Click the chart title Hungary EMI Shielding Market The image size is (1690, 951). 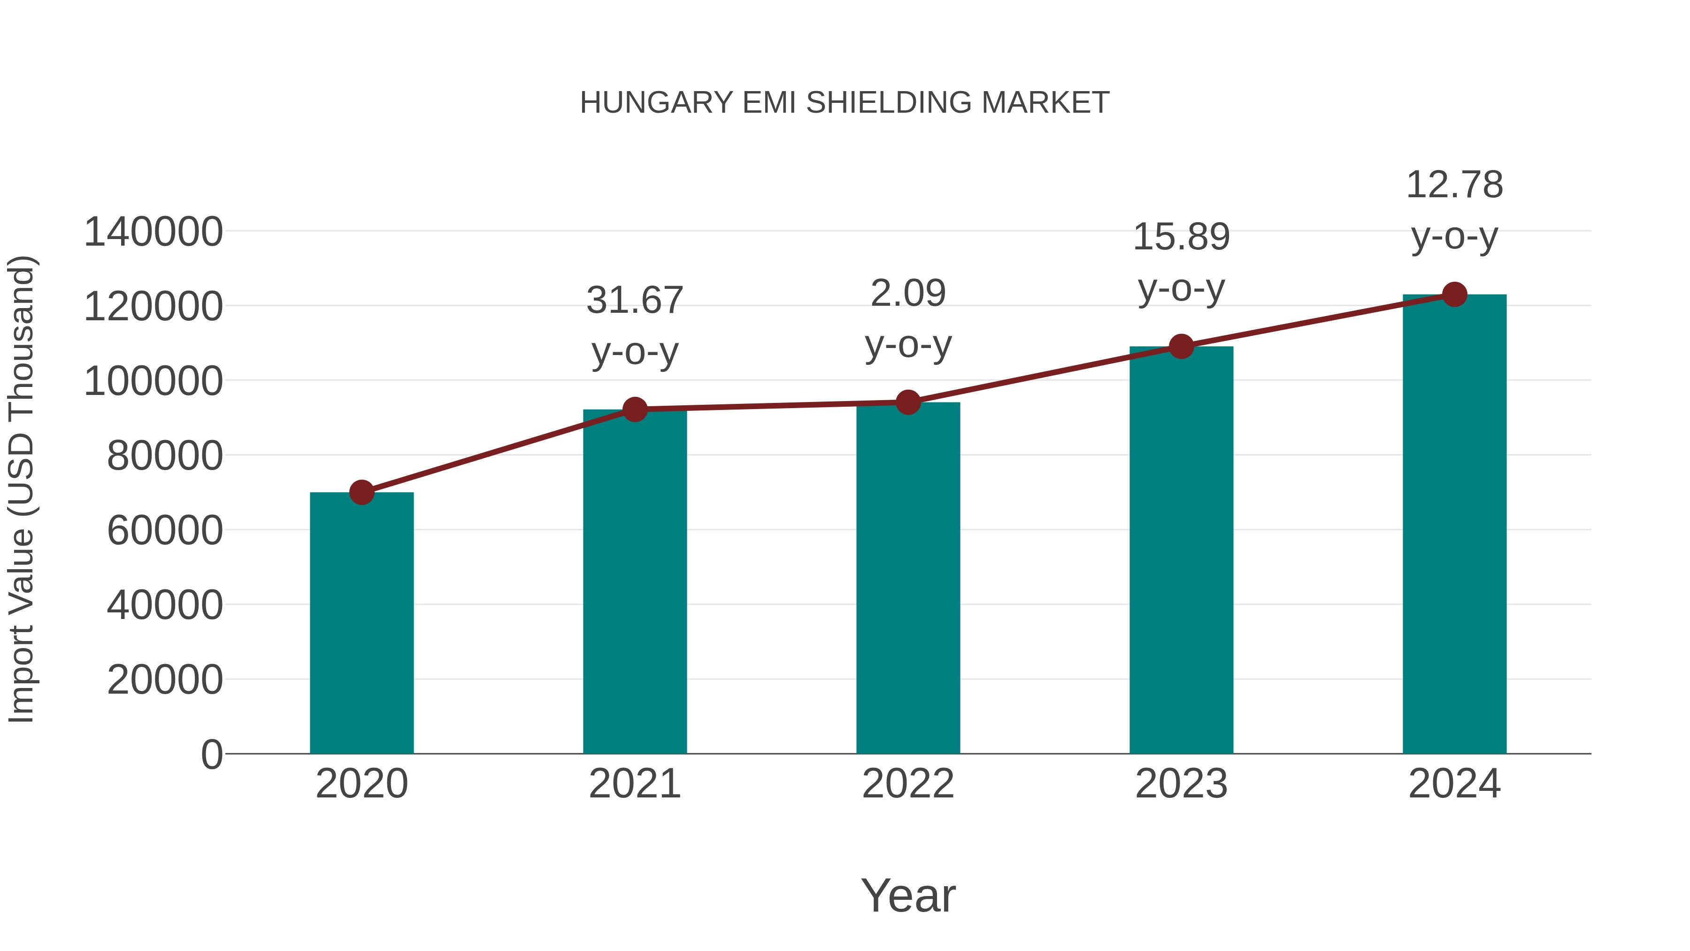pos(845,103)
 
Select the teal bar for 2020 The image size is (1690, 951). pos(361,624)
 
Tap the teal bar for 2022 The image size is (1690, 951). pos(908,578)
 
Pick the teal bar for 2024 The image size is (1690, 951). pos(1454,525)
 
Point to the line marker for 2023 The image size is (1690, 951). pos(1182,346)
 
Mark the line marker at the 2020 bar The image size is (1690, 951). pos(361,492)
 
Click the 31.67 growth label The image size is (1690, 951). pos(634,300)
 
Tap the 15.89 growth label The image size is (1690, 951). pos(1181,237)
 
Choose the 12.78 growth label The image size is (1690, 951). pos(1454,185)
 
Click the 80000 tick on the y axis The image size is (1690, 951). pos(165,456)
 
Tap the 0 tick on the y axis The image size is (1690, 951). pos(212,754)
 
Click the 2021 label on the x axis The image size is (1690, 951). pos(634,784)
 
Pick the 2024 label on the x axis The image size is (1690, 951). pos(1454,784)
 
